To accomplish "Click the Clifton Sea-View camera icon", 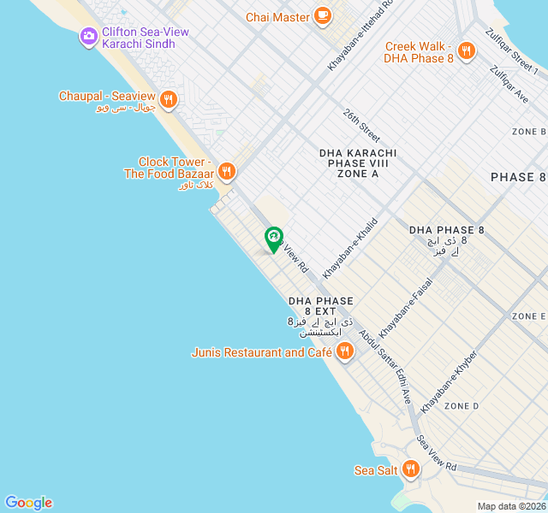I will tap(88, 37).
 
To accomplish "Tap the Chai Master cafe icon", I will tap(323, 15).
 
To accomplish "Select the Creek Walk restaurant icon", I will tap(467, 51).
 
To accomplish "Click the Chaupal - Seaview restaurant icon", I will tap(168, 98).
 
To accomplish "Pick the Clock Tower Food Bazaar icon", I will tap(226, 171).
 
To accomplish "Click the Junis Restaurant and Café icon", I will tap(344, 351).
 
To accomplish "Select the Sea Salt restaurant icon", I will tap(411, 469).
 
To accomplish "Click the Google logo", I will tap(28, 503).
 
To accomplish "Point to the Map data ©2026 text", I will tap(510, 506).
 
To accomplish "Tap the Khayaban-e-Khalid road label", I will tap(350, 247).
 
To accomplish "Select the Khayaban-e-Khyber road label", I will tap(449, 381).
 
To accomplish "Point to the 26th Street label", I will tap(361, 125).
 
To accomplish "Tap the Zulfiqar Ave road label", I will tap(509, 85).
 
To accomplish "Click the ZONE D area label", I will tap(462, 405).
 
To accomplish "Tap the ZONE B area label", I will tap(528, 132).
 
